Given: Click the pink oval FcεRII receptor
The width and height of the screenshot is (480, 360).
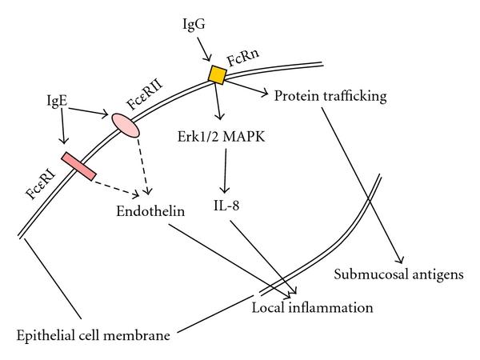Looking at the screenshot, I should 125,124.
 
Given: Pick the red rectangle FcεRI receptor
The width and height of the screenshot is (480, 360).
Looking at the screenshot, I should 80,163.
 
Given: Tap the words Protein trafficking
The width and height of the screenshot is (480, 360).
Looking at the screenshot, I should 330,96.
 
